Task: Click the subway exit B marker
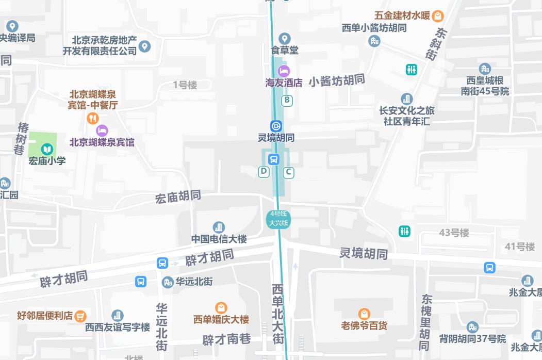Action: [x=287, y=101]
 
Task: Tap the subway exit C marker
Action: [x=289, y=172]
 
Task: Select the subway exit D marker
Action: [x=264, y=172]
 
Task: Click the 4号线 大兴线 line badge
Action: [x=278, y=219]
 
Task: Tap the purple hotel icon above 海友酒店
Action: [x=284, y=71]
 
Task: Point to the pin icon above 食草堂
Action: [x=284, y=39]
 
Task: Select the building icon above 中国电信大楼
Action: [x=219, y=227]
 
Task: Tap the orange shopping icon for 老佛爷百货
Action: [x=364, y=314]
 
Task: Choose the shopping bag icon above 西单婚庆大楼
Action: [x=221, y=308]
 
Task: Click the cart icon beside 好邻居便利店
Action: [x=80, y=316]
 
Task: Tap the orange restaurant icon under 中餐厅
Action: [x=92, y=118]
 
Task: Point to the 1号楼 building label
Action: [x=185, y=85]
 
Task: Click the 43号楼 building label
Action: [x=454, y=233]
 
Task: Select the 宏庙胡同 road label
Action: [x=178, y=197]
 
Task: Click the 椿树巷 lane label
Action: [x=22, y=139]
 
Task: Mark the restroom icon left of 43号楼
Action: [x=405, y=232]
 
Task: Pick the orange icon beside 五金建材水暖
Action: [x=437, y=16]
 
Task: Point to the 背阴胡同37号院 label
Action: [x=472, y=339]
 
